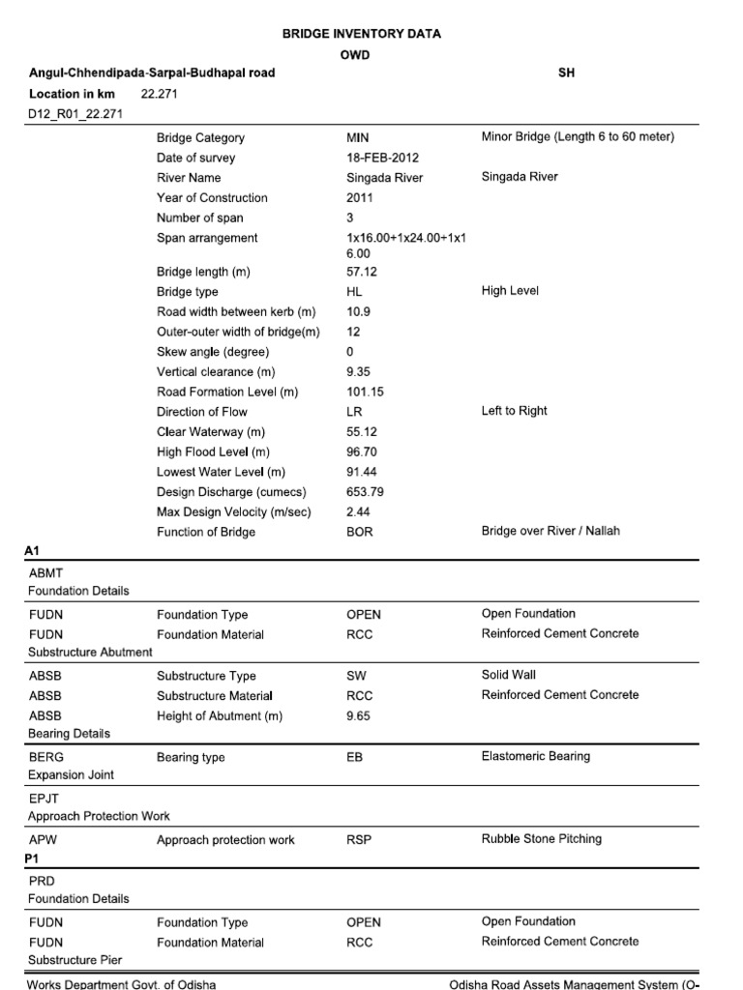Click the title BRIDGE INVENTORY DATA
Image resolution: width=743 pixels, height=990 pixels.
coord(361,34)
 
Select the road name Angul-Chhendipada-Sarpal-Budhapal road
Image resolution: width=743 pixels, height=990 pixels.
coord(152,73)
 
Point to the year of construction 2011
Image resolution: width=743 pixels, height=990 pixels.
coord(360,197)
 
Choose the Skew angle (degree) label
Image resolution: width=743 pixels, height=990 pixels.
coord(213,352)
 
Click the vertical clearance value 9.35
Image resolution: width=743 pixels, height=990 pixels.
coord(358,371)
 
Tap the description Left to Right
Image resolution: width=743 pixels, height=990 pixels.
coord(514,411)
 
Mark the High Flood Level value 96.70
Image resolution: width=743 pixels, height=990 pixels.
coord(362,451)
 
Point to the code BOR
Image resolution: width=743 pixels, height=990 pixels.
coord(359,532)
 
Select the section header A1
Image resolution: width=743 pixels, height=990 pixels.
coord(31,551)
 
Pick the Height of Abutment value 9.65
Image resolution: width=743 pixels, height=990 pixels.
coord(358,716)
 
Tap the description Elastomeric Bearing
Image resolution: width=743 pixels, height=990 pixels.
coord(535,756)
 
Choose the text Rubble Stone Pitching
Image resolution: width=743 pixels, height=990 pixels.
coord(541,838)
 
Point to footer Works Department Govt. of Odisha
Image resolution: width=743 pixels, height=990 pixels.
coord(122,984)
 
